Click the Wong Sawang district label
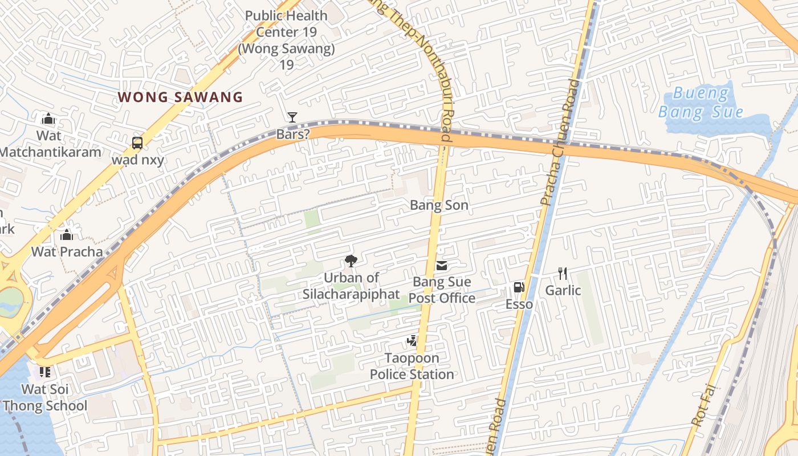point(180,97)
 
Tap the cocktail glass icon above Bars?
point(292,117)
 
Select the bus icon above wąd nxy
point(137,142)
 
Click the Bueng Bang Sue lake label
point(701,102)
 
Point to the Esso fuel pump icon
point(519,287)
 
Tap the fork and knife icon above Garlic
point(563,274)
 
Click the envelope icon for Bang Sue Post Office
point(442,266)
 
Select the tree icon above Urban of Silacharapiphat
point(351,261)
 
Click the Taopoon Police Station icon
point(412,341)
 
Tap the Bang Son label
point(439,205)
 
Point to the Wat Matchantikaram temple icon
point(48,119)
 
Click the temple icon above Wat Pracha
point(67,235)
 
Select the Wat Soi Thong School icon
point(45,372)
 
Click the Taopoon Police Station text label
point(412,367)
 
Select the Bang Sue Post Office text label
point(442,290)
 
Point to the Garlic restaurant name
point(563,291)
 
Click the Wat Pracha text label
point(67,251)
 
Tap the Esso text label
point(519,304)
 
